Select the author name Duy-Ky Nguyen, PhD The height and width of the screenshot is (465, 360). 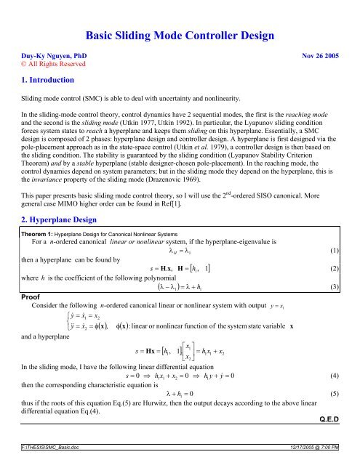(x=48, y=54)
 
